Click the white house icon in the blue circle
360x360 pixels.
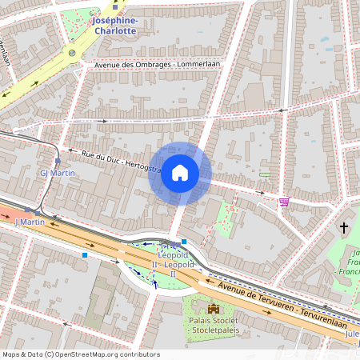tap(180, 173)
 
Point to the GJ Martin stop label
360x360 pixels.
tap(57, 173)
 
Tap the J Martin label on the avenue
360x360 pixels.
tap(30, 222)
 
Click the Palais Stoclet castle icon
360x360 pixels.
tap(213, 308)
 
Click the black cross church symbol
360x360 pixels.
tap(345, 228)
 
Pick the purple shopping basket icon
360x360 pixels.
tap(283, 202)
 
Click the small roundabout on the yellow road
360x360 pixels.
tap(73, 53)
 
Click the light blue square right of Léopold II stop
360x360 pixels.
tap(184, 241)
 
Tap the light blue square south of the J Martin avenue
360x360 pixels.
tap(85, 255)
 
